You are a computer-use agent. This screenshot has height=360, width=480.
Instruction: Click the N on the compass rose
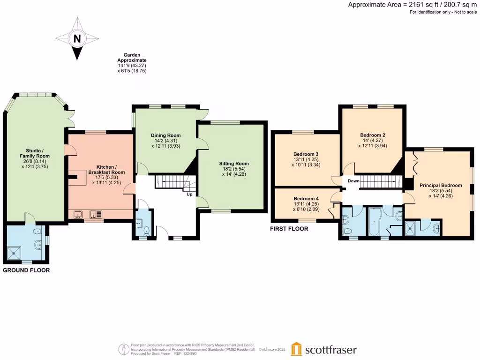point(77,38)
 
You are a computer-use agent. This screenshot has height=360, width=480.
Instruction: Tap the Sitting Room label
point(234,164)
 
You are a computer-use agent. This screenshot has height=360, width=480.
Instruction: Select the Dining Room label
point(165,135)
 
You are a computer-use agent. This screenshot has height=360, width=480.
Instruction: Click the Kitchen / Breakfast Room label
point(110,170)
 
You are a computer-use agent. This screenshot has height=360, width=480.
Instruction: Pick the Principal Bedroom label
point(441,185)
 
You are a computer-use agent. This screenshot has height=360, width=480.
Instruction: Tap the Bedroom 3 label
point(306,154)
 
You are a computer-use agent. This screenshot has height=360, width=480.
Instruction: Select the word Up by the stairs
point(189,194)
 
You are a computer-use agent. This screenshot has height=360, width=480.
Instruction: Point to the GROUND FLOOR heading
point(26,270)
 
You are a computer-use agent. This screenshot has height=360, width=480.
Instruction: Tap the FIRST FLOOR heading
point(289,229)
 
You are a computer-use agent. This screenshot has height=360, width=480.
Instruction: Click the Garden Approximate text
point(132,58)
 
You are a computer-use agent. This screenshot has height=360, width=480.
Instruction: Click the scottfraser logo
point(323,349)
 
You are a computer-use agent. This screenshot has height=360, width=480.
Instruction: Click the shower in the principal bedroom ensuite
point(412,230)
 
